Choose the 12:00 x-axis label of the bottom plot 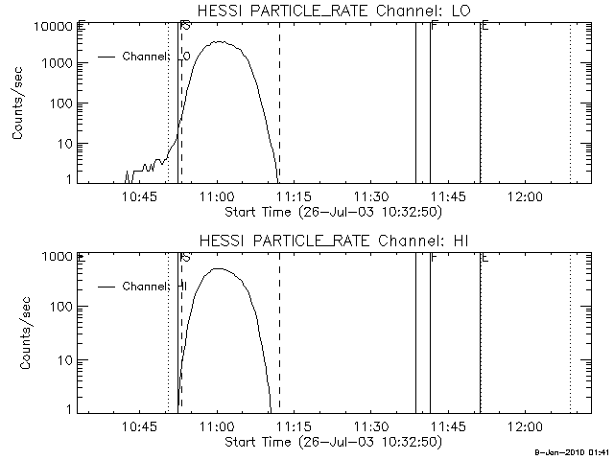[x=524, y=425]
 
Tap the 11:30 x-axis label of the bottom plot [x=370, y=425]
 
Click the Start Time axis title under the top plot [x=332, y=211]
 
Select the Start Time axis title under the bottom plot [x=332, y=441]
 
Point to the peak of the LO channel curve [x=222, y=41]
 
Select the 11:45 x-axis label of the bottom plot [x=447, y=425]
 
